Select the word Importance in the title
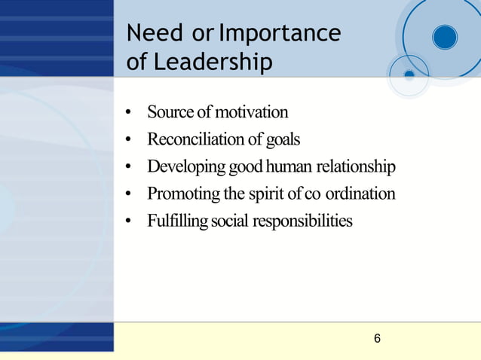tap(280, 34)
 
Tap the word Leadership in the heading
tap(213, 63)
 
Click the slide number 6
tap(377, 339)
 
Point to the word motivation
tap(252, 113)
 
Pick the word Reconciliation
tap(198, 139)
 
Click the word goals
tap(282, 139)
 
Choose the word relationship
tap(357, 166)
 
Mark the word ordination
tap(360, 194)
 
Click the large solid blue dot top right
tap(445, 37)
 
